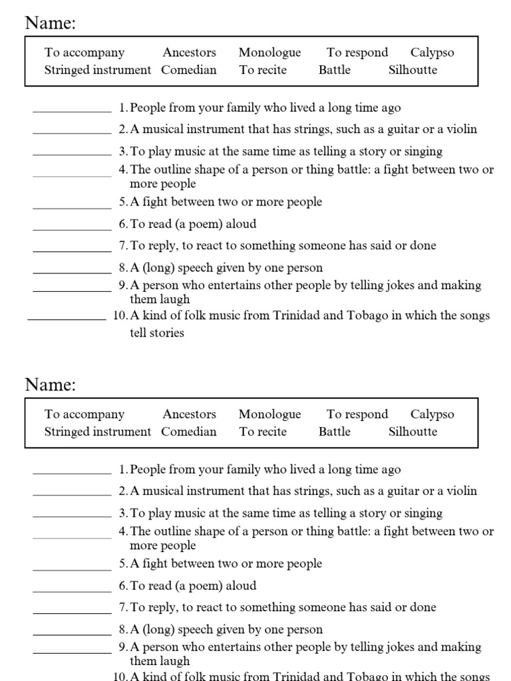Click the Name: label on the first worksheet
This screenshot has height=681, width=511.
[51, 23]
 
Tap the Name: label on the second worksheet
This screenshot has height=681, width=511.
[51, 384]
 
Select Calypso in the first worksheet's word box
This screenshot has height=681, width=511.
[432, 53]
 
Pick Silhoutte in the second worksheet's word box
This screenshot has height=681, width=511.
[413, 432]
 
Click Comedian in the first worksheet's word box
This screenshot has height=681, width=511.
[189, 70]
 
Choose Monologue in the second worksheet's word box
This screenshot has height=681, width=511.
[269, 414]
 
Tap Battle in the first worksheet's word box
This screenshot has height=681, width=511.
[334, 70]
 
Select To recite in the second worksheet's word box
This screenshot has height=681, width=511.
[263, 432]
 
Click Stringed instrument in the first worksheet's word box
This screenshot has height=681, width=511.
[98, 70]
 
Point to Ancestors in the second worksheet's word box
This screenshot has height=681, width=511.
[189, 414]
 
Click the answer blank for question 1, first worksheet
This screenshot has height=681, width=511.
[72, 110]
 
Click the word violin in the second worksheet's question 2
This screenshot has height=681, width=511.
[460, 491]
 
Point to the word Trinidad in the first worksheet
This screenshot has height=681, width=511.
[295, 315]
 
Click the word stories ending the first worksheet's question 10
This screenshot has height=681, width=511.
[166, 333]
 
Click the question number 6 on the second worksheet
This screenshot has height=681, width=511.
[123, 586]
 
